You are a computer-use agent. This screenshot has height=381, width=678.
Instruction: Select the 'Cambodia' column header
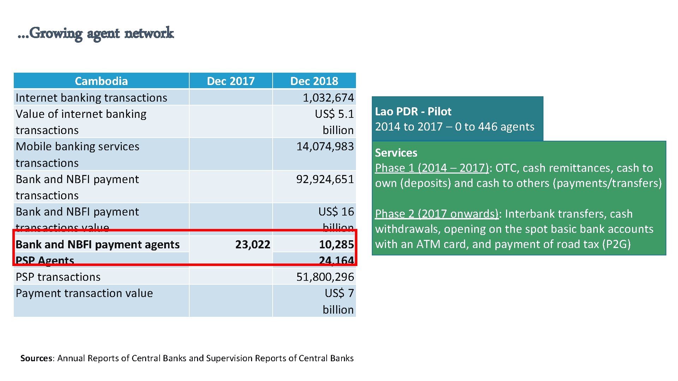point(101,81)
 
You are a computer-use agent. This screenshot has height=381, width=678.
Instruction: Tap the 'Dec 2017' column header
point(231,81)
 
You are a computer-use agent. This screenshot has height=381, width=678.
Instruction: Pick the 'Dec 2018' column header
point(314,81)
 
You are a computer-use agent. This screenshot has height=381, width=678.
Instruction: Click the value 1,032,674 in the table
point(328,98)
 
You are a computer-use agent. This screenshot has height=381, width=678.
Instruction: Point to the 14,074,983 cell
point(325,146)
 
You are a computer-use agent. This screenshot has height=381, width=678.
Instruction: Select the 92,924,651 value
point(325,179)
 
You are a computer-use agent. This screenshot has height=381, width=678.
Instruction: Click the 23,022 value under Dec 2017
point(252,244)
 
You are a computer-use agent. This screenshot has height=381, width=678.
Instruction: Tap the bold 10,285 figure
point(336,244)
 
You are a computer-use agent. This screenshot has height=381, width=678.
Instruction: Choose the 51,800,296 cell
point(325,277)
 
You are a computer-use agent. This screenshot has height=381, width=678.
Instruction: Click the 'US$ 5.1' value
point(334,114)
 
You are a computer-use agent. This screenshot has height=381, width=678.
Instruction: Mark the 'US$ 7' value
point(339,293)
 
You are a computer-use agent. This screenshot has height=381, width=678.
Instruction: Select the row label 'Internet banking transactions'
point(91,98)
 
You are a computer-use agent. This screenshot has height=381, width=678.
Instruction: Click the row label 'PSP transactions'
point(58,277)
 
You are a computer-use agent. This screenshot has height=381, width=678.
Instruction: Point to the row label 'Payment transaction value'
point(84,293)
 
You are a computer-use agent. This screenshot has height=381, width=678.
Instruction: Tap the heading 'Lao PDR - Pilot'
point(413,111)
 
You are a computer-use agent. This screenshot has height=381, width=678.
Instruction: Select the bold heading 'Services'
point(396,153)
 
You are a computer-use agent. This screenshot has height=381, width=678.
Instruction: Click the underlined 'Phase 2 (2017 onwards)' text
point(437,214)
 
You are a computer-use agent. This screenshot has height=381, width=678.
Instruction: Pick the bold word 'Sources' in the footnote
point(36,358)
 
